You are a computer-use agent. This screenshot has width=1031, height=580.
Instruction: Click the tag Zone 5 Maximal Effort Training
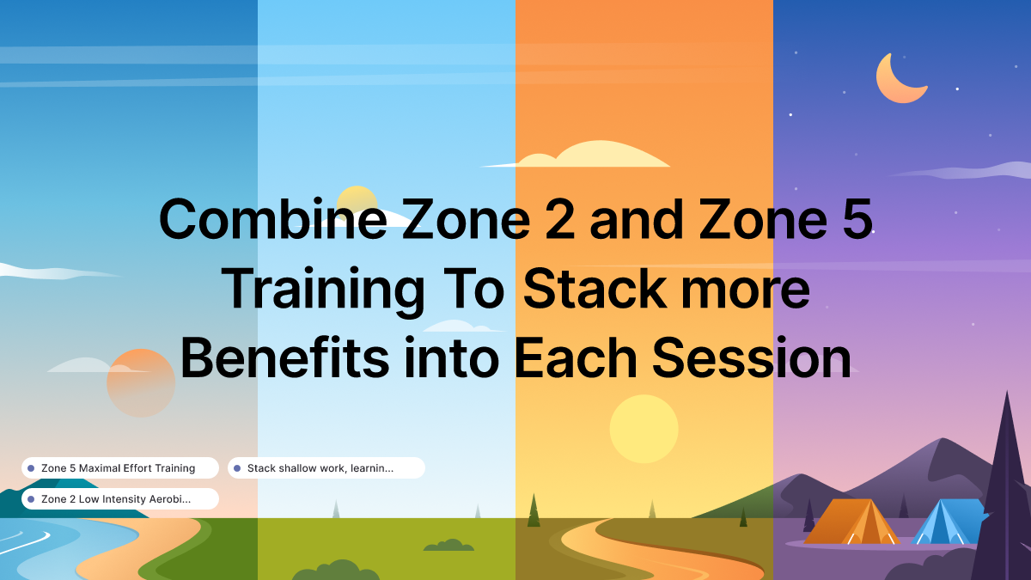(x=119, y=468)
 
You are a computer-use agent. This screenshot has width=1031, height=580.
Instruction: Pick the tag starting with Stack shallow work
(x=326, y=468)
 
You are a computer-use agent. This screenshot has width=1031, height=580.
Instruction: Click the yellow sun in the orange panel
(x=644, y=429)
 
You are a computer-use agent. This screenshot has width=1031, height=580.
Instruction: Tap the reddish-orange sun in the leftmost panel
(x=140, y=383)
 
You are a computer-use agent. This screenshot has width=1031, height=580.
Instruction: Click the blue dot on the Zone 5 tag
(x=31, y=468)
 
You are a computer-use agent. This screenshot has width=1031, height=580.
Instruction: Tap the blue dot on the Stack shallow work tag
(x=237, y=468)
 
